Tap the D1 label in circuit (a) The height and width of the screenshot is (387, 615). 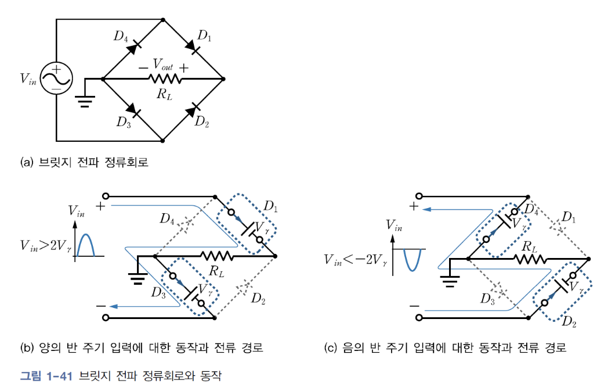pos(204,36)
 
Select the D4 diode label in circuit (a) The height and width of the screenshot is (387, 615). pos(121,37)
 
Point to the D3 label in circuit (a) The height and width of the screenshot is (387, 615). pos(123,121)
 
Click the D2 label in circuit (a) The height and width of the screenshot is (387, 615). pos(202,121)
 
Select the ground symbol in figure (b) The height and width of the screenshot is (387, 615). pos(137,279)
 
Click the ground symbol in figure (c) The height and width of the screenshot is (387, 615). pos(448,282)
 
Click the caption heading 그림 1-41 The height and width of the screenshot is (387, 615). pos(46,375)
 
